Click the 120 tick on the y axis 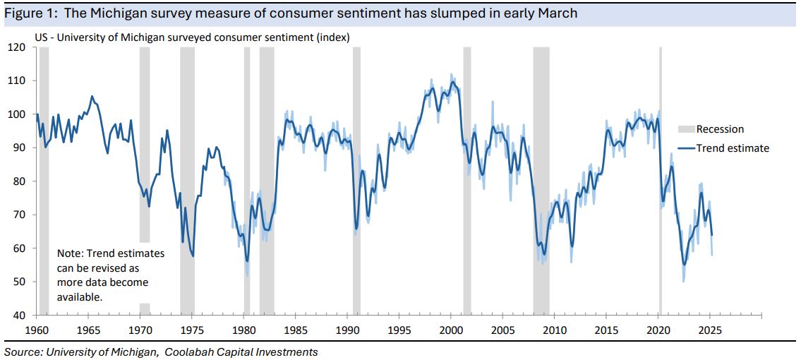point(18,47)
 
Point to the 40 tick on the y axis point(18,315)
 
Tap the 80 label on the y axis point(18,181)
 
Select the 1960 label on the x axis point(36,329)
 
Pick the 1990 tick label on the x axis point(347,329)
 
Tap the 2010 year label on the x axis point(555,329)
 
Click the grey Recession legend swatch point(685,129)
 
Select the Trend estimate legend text point(733,148)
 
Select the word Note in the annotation point(69,253)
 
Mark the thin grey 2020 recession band point(661,176)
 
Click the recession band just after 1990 point(356,176)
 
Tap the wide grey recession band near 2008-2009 point(541,176)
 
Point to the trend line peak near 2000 point(452,83)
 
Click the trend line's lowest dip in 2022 point(683,265)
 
